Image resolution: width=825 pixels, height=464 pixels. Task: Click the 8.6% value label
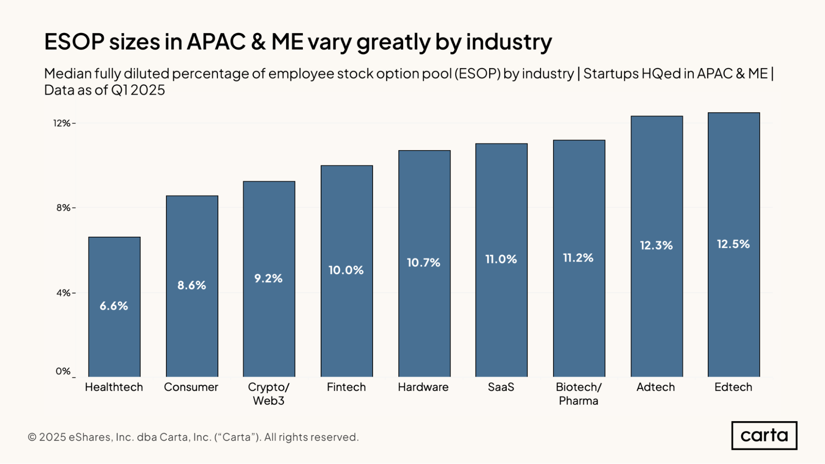point(191,285)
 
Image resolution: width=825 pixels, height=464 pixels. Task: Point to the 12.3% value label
point(656,245)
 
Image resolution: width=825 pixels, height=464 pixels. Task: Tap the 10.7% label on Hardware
point(423,262)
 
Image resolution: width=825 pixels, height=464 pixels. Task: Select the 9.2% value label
point(268,278)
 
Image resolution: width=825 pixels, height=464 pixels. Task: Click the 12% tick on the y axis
point(62,123)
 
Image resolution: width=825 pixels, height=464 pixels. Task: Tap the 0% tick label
point(63,371)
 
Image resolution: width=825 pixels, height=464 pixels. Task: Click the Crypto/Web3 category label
point(269,394)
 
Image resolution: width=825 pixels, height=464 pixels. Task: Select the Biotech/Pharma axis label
point(579,394)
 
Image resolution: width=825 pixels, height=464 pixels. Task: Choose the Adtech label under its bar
point(656,387)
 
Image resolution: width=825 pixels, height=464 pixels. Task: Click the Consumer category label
point(191,387)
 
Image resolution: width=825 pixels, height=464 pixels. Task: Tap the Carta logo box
point(764,436)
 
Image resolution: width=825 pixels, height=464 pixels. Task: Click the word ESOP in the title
point(74,42)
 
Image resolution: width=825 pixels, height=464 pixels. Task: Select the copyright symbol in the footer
point(32,437)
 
